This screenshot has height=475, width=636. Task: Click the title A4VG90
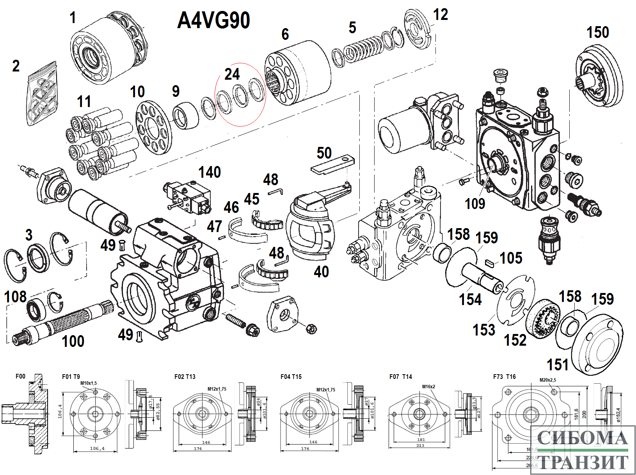pyautogui.click(x=213, y=20)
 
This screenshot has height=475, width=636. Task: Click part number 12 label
pyautogui.click(x=441, y=15)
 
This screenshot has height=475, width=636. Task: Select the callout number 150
pyautogui.click(x=597, y=32)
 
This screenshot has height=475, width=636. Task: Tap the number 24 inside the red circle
pyautogui.click(x=232, y=74)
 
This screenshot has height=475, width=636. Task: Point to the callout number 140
pyautogui.click(x=210, y=172)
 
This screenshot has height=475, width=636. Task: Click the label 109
pyautogui.click(x=475, y=204)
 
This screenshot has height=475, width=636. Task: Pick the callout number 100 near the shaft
pyautogui.click(x=73, y=341)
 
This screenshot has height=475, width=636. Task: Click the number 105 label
pyautogui.click(x=511, y=258)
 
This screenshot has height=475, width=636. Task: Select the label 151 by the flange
pyautogui.click(x=558, y=365)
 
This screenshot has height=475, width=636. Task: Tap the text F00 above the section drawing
pyautogui.click(x=20, y=376)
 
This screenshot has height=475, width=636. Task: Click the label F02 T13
pyautogui.click(x=185, y=377)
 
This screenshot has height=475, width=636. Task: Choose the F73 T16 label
pyautogui.click(x=504, y=377)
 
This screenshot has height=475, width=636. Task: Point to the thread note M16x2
pyautogui.click(x=428, y=387)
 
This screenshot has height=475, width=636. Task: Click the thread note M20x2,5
pyautogui.click(x=548, y=380)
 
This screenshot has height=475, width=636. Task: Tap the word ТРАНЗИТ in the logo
pyautogui.click(x=583, y=462)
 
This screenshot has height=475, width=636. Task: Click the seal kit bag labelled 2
pyautogui.click(x=42, y=96)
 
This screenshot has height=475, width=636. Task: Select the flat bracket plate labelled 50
pyautogui.click(x=332, y=165)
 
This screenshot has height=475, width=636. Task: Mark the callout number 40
pyautogui.click(x=321, y=271)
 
